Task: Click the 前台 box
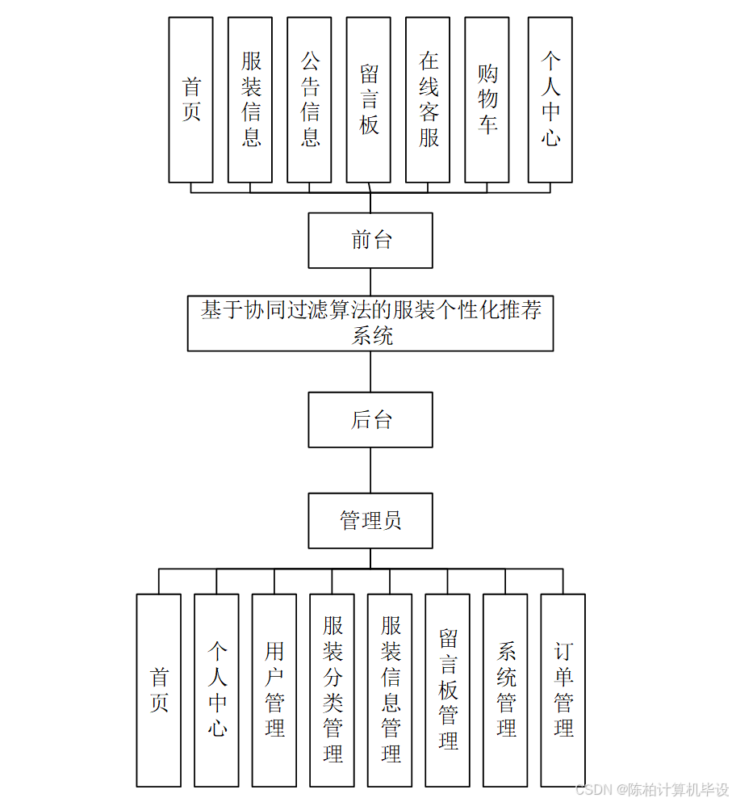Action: [x=370, y=240]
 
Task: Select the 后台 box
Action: [x=370, y=420]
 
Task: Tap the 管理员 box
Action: [x=370, y=521]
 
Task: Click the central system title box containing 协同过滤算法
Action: [x=370, y=323]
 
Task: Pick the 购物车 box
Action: [x=487, y=100]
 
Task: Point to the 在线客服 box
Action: [x=428, y=100]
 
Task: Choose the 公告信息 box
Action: [x=309, y=100]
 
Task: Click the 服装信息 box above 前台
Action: [x=250, y=100]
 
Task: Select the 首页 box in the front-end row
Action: [x=191, y=100]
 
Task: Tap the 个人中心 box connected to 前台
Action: [x=550, y=100]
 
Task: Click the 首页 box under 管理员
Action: [x=159, y=690]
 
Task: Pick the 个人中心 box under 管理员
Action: [x=216, y=690]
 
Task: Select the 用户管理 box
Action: [x=274, y=690]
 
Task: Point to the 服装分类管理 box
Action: [x=332, y=690]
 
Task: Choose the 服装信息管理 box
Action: [x=390, y=690]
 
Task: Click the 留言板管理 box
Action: [x=448, y=690]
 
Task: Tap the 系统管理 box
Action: [x=505, y=690]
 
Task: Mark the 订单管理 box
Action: [x=563, y=690]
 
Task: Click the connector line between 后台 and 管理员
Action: [x=370, y=470]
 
